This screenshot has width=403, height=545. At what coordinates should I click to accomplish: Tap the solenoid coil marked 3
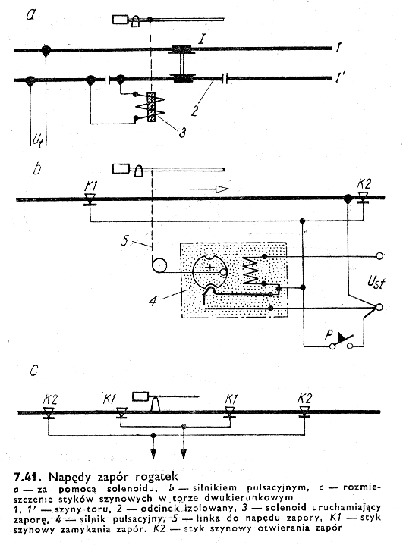click(151, 107)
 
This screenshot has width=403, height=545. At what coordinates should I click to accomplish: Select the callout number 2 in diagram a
click(195, 111)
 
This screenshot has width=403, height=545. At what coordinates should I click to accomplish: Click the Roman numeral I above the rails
click(201, 39)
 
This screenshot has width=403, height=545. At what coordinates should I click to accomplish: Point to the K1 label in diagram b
click(90, 186)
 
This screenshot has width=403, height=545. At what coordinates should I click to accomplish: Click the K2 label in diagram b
click(364, 184)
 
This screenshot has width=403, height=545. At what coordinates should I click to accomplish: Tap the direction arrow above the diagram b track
click(207, 189)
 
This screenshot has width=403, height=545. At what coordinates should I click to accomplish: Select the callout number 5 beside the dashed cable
click(125, 240)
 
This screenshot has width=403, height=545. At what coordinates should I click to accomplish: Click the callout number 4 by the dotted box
click(153, 300)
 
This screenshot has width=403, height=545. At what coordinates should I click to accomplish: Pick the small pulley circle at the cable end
click(159, 266)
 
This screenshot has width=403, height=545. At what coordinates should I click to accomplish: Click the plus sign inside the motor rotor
click(209, 268)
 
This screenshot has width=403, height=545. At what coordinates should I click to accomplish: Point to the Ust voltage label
click(376, 282)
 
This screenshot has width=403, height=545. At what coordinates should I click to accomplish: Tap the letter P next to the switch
click(329, 335)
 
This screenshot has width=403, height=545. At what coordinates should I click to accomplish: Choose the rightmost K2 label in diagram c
click(305, 399)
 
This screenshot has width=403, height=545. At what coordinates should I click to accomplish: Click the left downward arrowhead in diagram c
click(153, 453)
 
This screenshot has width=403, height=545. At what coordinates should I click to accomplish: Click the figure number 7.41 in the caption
click(25, 477)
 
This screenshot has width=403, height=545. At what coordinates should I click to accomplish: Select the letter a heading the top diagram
click(31, 14)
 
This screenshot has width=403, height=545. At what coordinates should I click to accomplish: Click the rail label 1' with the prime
click(340, 77)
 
